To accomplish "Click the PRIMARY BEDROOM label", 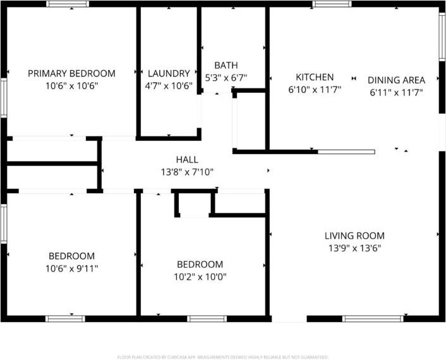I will pos(71,73).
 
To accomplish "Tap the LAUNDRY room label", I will pos(168,73).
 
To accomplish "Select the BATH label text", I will pos(226,66).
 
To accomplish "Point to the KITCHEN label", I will pos(314,77).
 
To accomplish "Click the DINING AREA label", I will pos(396,80).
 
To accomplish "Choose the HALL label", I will pos(187,160).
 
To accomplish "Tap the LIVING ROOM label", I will pos(354,236).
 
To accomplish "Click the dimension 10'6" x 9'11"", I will pos(72,268).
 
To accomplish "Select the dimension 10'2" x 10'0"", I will pos(200,277).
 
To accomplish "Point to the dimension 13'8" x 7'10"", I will pos(187,171).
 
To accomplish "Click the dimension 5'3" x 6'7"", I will pos(226,78).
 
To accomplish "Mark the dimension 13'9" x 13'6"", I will pos(354,248).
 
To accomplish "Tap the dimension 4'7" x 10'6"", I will pos(168,86).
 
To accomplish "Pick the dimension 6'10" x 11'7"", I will pos(314,90).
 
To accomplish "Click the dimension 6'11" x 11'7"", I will pos(396,93).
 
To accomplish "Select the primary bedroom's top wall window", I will pos(68,4).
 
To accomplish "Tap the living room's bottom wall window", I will pos(373,318).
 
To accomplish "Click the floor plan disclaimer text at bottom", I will pos(223,357).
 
